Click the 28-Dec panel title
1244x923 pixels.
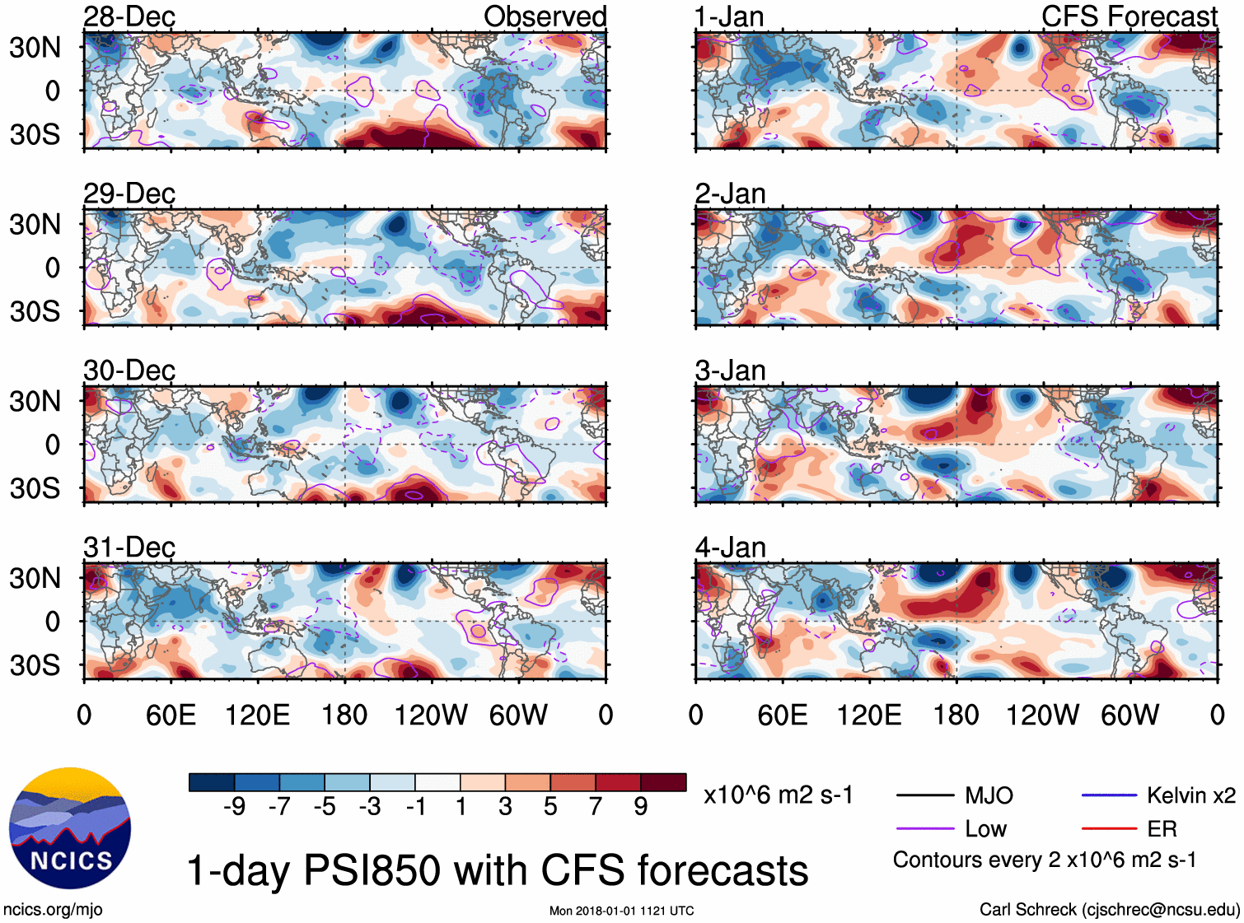pos(129,16)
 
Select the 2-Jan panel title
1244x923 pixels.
pos(730,193)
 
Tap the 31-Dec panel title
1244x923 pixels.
pos(129,548)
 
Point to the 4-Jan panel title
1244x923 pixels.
pos(730,548)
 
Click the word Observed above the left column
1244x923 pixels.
pos(545,16)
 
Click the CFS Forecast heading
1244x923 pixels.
pos(1129,16)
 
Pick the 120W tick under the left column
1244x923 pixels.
pos(431,715)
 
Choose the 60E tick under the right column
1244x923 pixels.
pos(783,715)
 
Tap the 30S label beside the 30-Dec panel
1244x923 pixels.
pos(35,488)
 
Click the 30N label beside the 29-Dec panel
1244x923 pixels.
pos(35,224)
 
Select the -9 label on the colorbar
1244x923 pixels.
pos(234,806)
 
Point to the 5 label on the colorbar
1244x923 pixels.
pos(550,806)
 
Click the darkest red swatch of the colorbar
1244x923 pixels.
pos(663,782)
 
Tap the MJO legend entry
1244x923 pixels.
pos(989,795)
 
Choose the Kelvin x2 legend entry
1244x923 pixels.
pos(1190,795)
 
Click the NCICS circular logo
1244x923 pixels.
pos(70,828)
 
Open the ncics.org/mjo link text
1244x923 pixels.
pos(53,909)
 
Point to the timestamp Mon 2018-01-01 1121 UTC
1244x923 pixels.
pos(621,911)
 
